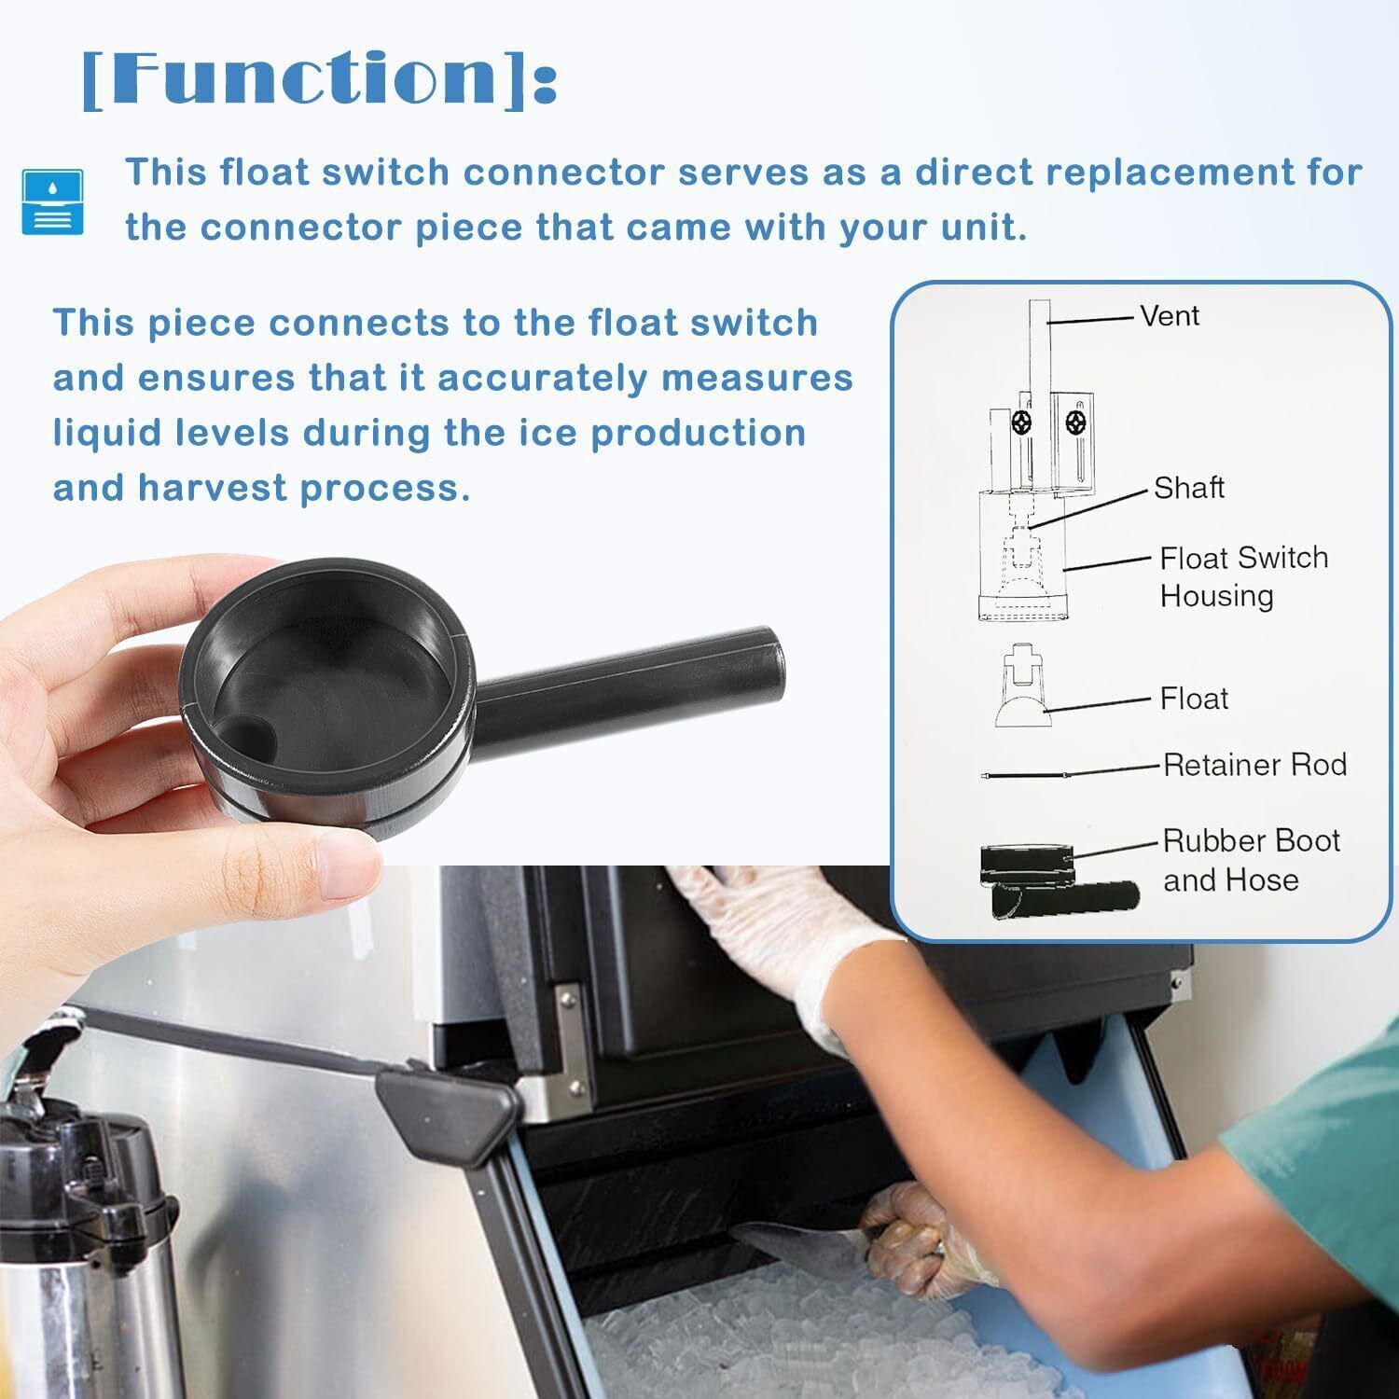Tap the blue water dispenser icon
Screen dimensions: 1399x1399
click(x=52, y=201)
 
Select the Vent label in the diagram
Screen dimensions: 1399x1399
click(x=1170, y=315)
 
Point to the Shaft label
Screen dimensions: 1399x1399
click(x=1189, y=487)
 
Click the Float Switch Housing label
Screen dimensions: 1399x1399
click(x=1244, y=575)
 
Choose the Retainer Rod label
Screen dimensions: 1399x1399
click(x=1254, y=765)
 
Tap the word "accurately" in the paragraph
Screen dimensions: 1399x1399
click(x=542, y=378)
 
